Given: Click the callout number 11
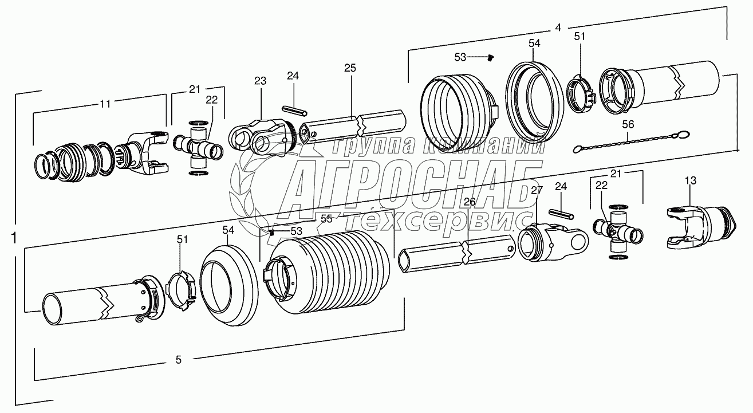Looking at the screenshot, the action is [x=105, y=104].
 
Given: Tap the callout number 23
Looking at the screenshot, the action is [x=260, y=81].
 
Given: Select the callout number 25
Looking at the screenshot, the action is [x=350, y=68].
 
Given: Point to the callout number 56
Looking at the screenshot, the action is [x=628, y=124].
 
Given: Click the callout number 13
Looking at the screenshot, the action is [x=691, y=180].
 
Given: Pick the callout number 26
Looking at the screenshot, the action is [x=470, y=202].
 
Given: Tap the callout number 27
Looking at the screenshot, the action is [x=537, y=190].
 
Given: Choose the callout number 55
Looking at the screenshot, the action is [x=326, y=219].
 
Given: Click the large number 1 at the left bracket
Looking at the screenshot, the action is [x=14, y=238].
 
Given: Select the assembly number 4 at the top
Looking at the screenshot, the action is [x=558, y=27].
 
